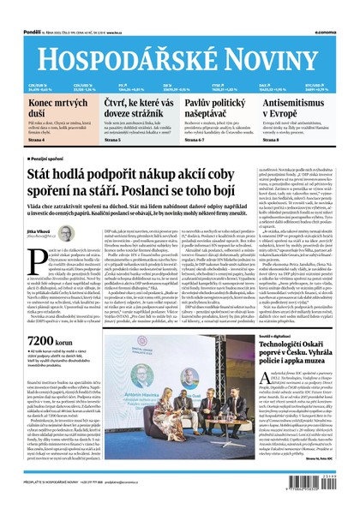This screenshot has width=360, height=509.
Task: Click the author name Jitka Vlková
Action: tap(38, 231)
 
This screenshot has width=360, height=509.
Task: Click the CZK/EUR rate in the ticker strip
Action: tap(34, 84)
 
